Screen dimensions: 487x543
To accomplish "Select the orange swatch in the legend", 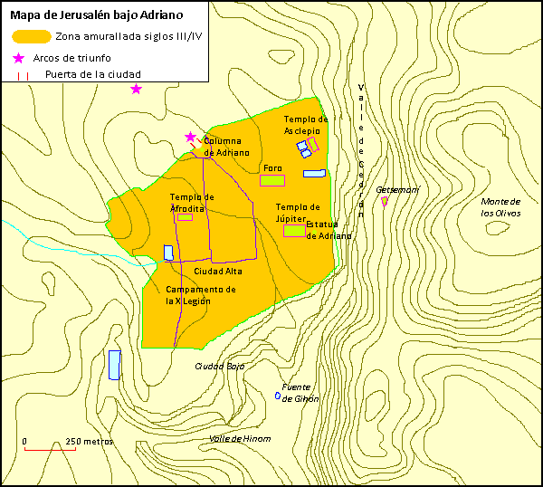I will point(31,37).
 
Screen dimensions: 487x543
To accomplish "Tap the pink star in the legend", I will point(19,58).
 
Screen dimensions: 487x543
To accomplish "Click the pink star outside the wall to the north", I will point(136,89).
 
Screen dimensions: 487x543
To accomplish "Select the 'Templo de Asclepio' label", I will point(304,125).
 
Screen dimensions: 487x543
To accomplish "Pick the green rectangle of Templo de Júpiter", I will point(294,231).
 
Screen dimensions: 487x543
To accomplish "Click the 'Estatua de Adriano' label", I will point(329,230).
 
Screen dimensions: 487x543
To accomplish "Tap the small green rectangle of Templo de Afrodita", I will point(185,217).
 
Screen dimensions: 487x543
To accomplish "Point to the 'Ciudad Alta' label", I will point(217,271).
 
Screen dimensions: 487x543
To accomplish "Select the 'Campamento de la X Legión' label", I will point(200,295).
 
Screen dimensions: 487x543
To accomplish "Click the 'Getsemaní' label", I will point(397,190).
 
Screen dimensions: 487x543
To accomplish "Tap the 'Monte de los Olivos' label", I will point(500,207).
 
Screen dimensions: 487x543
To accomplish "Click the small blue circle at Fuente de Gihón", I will point(277,396).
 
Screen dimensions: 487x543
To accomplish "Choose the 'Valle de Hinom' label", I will point(239,439).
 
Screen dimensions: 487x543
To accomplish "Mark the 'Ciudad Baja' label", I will point(221,367).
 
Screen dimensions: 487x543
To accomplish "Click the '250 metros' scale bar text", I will point(89,442).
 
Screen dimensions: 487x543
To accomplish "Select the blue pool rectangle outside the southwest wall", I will point(114,365).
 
